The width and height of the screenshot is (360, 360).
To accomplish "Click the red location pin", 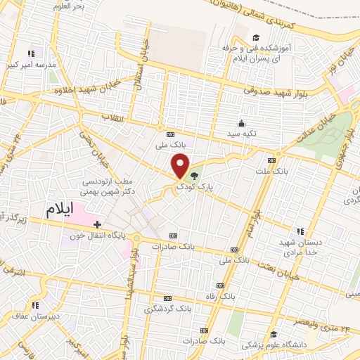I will (181, 166).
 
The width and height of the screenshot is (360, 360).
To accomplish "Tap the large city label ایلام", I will (64, 210).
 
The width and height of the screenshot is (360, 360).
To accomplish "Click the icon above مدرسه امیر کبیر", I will (31, 53).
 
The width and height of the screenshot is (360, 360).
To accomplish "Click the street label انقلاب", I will (112, 115).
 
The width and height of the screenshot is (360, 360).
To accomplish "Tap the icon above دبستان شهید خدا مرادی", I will (300, 231).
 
